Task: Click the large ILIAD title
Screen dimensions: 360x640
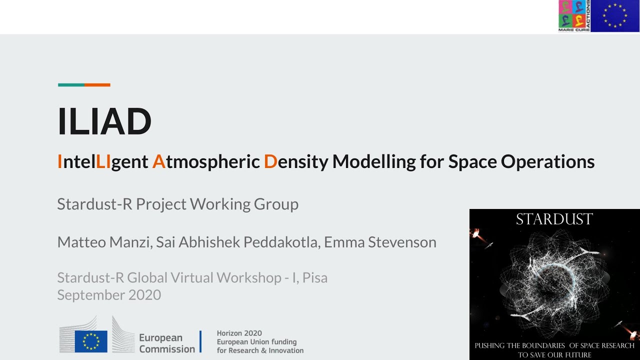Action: point(104,121)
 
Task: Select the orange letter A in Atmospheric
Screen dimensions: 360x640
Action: point(158,161)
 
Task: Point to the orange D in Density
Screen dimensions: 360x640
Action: point(270,161)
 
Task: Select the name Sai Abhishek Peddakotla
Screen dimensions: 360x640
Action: point(237,242)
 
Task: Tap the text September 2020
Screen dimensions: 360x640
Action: point(109,295)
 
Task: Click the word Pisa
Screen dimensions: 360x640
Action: point(314,277)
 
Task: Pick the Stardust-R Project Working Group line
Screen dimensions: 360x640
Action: point(177,204)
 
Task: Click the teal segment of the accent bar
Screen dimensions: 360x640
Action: point(71,85)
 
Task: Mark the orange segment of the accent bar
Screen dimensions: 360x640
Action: point(97,85)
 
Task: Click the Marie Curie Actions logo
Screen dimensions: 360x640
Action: point(574,16)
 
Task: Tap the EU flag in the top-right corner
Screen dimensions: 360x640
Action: point(615,16)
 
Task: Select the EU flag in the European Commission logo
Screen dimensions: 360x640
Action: point(91,341)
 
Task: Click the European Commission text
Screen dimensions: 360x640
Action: point(166,343)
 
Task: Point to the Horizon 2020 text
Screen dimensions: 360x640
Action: point(239,333)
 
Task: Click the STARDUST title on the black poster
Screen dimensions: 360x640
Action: point(554,219)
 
